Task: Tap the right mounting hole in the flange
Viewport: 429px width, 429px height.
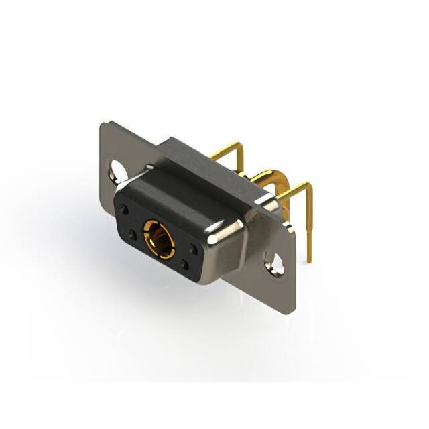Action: (x=275, y=262)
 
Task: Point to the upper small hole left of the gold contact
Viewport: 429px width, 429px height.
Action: (x=124, y=210)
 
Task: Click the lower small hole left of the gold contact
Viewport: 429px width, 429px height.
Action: (x=132, y=235)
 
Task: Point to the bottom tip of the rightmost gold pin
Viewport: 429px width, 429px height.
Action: (x=310, y=258)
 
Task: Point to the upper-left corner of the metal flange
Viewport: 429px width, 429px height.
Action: (x=103, y=125)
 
